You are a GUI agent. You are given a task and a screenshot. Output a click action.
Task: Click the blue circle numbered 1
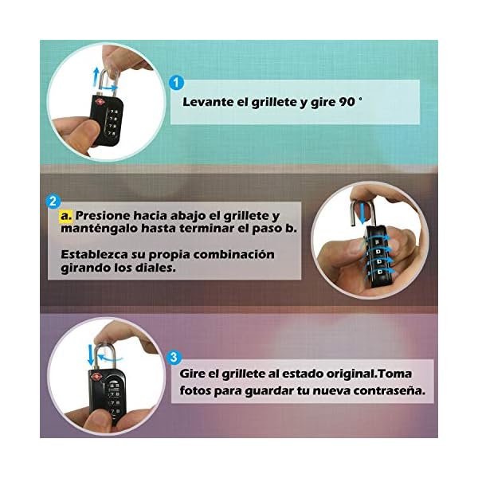pyautogui.click(x=176, y=82)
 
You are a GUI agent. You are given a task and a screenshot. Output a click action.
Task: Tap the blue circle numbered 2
pyautogui.click(x=53, y=202)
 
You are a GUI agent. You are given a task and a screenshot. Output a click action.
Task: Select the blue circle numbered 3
pyautogui.click(x=174, y=357)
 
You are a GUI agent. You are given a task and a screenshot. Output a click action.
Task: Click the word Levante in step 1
pyautogui.click(x=208, y=102)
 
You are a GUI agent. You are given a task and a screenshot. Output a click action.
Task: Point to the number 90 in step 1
pyautogui.click(x=347, y=102)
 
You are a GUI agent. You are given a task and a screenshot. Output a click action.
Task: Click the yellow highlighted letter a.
pyautogui.click(x=66, y=216)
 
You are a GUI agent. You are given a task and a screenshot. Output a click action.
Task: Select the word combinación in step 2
pyautogui.click(x=233, y=255)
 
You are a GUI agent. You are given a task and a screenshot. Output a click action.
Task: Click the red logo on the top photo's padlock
pyautogui.click(x=100, y=102)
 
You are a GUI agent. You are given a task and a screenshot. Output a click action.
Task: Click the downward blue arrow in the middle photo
pyautogui.click(x=362, y=214)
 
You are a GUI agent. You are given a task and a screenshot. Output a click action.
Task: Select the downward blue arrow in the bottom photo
pyautogui.click(x=91, y=355)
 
